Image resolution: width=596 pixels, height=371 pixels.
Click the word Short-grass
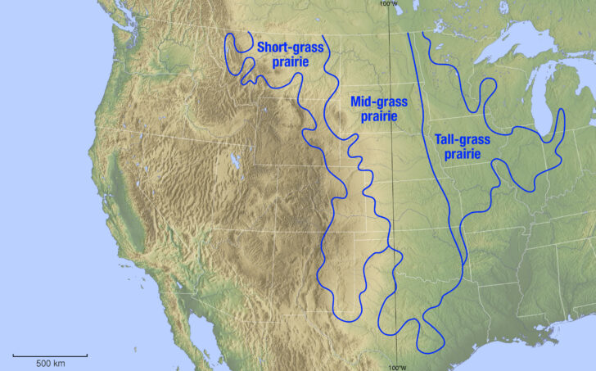(291, 48)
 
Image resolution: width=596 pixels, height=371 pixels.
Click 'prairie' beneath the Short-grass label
(291, 62)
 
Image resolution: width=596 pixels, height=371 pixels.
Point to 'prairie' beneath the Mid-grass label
(378, 116)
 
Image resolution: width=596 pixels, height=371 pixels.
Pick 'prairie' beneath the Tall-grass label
(458, 154)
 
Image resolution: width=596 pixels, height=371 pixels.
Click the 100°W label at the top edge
(389, 3)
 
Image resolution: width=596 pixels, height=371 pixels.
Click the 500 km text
(50, 362)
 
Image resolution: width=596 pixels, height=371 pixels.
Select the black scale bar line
(50, 355)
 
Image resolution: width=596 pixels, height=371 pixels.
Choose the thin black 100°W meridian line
(391, 205)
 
